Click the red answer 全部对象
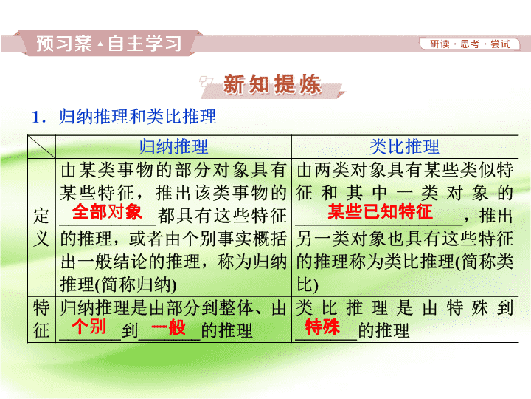pyautogui.click(x=107, y=212)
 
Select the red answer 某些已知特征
pyautogui.click(x=380, y=212)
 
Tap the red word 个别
pyautogui.click(x=88, y=327)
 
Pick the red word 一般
pyautogui.click(x=168, y=327)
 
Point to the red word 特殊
pyautogui.click(x=322, y=327)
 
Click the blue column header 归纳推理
pyautogui.click(x=173, y=146)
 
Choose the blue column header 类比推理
pyautogui.click(x=404, y=146)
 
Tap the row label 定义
pyautogui.click(x=41, y=228)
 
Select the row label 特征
pyautogui.click(x=41, y=319)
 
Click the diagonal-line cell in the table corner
pyautogui.click(x=41, y=146)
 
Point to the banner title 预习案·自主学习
pyautogui.click(x=109, y=44)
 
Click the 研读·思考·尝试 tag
pyautogui.click(x=470, y=44)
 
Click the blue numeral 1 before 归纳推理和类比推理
pyautogui.click(x=37, y=117)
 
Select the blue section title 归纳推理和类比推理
pyautogui.click(x=137, y=117)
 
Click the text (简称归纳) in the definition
pyautogui.click(x=136, y=284)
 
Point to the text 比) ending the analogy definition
pyautogui.click(x=308, y=284)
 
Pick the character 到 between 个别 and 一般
pyautogui.click(x=130, y=330)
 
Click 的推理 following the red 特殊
pyautogui.click(x=383, y=330)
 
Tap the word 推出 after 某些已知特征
pyautogui.click(x=496, y=216)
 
